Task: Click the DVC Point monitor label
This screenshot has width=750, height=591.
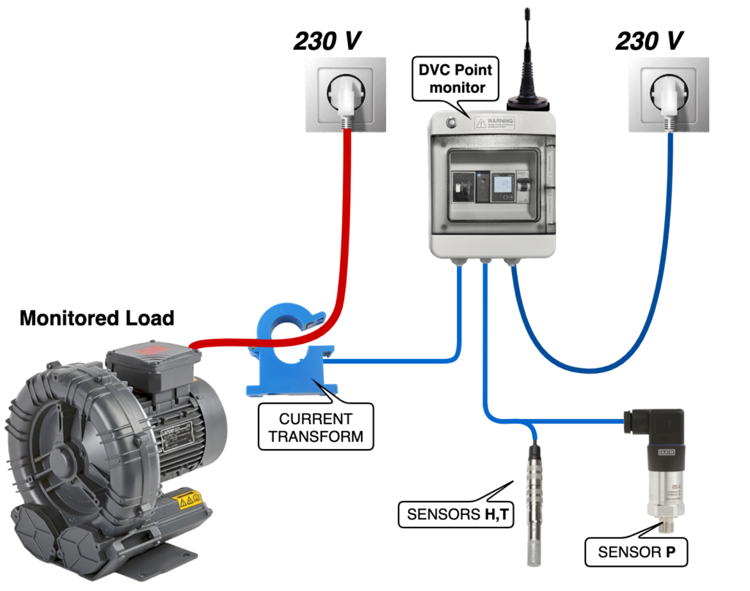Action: pos(456,79)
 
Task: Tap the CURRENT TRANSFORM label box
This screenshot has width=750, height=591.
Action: pos(316,429)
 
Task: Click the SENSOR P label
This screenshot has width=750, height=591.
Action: pos(636,552)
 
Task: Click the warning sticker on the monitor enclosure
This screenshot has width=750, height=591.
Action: pos(494,123)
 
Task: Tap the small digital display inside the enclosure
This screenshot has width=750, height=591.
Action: pos(502,188)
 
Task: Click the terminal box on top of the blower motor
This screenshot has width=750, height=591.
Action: pos(153,369)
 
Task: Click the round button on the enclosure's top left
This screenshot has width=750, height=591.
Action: pos(448,122)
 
